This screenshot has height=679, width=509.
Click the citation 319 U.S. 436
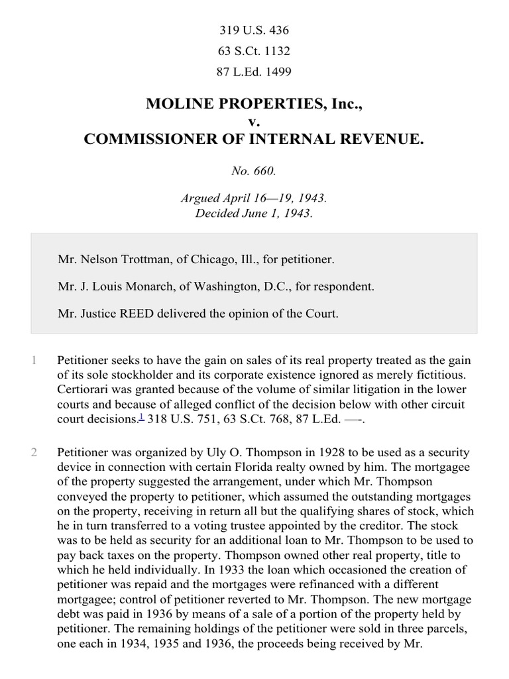(254, 31)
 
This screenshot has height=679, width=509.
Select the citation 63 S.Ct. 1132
(254, 51)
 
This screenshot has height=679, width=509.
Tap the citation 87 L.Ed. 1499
(254, 72)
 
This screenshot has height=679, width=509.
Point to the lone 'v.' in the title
(254, 121)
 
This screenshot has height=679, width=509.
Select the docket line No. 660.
(254, 170)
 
